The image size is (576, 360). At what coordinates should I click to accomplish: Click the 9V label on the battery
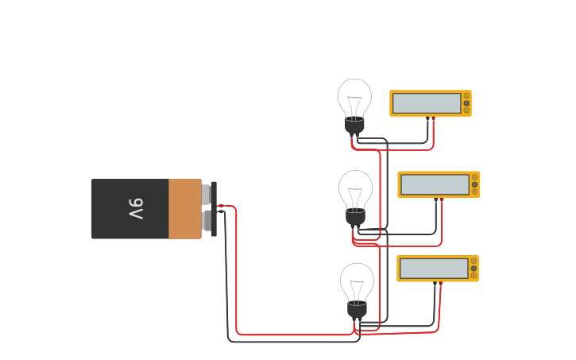pos(136,209)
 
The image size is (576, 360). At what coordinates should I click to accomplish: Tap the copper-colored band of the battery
pos(184,209)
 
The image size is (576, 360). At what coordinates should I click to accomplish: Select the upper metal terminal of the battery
pos(206,195)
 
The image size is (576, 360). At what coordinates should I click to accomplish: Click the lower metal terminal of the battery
pos(206,221)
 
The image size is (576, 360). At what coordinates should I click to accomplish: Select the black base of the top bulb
pos(354,125)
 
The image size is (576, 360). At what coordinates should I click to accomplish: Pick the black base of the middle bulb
pos(355,216)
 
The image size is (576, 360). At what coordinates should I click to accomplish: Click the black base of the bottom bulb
pos(357,309)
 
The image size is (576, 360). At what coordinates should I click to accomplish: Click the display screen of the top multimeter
pos(427,103)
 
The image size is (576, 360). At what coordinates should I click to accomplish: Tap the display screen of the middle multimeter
pos(435,184)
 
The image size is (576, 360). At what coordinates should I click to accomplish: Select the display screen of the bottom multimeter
pos(434,269)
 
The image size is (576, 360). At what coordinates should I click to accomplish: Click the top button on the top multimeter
pos(466,95)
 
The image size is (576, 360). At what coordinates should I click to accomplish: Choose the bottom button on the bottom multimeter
pos(474,276)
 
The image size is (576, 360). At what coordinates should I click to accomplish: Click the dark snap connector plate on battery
pos(214,209)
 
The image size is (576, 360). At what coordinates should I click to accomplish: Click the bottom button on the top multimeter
pos(466,110)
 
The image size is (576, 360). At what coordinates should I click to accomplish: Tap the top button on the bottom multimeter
pos(474,261)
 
